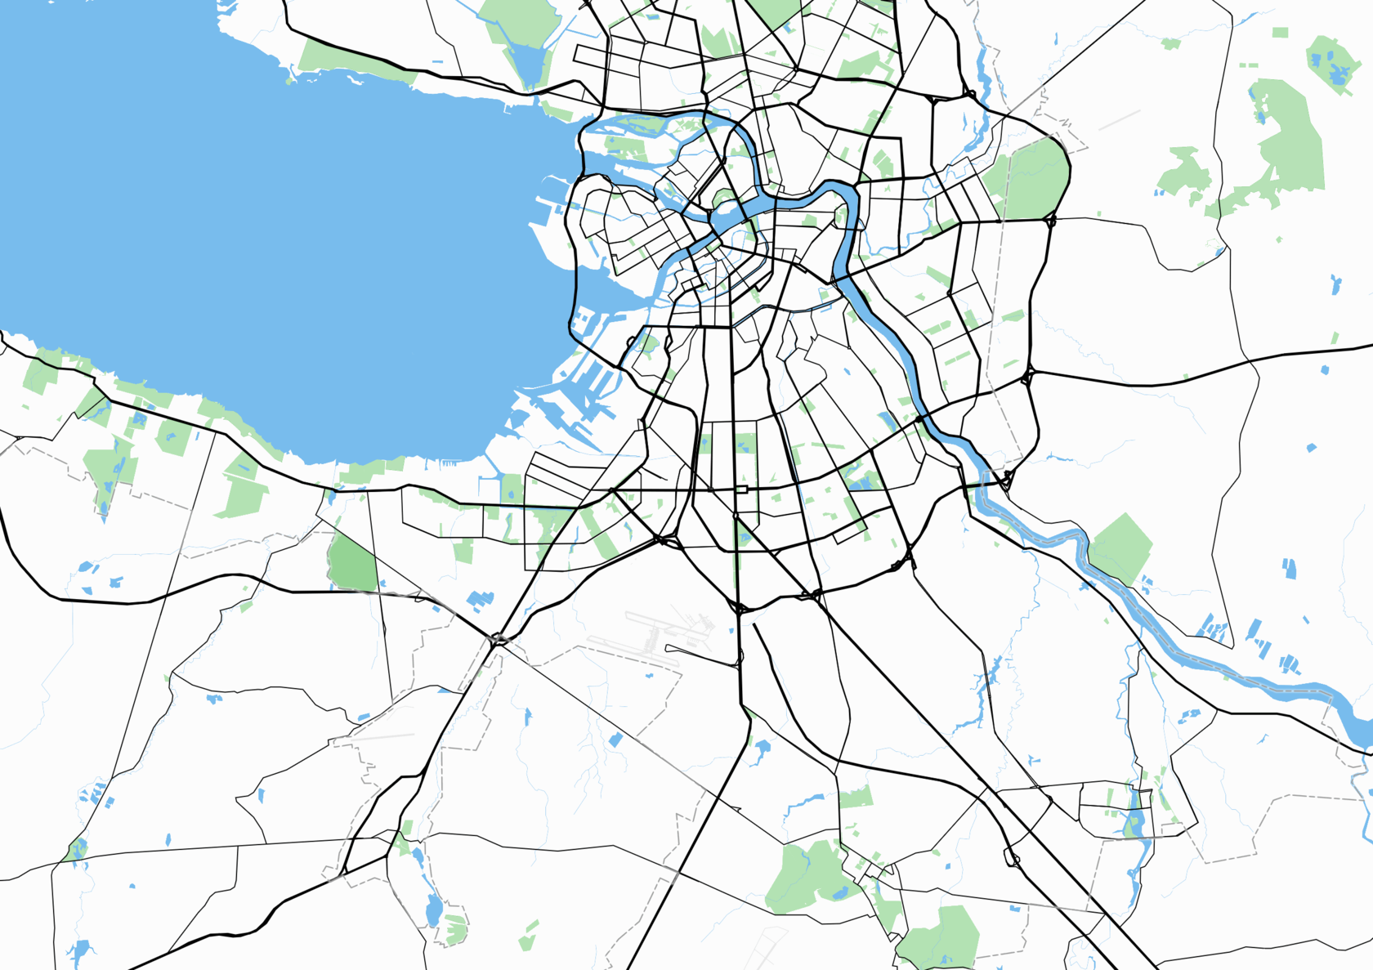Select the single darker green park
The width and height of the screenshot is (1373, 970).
coord(352,562)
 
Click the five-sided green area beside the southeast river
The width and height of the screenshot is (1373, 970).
coord(1120,548)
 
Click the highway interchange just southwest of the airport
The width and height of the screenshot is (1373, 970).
coord(497,639)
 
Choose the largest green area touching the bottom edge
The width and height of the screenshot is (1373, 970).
coord(940,940)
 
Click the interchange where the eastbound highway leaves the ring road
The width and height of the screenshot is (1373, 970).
coord(1028,377)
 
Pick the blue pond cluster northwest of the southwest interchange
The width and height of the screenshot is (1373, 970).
coord(480,601)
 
